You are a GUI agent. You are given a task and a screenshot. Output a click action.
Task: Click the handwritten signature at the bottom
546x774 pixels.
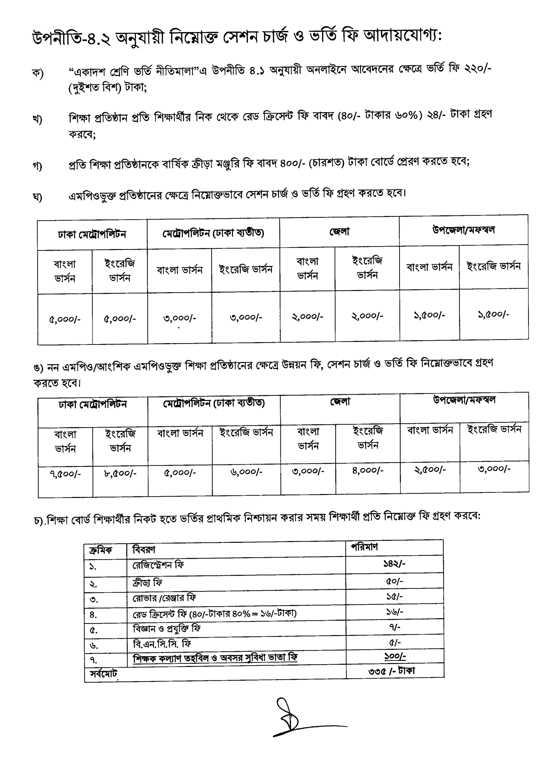pyautogui.click(x=300, y=717)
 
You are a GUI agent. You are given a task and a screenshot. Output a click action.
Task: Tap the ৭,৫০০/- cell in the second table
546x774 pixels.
pyautogui.click(x=65, y=474)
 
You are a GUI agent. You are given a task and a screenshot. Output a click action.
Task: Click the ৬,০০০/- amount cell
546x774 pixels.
pyautogui.click(x=246, y=472)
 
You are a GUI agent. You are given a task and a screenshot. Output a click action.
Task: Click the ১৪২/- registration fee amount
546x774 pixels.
pyautogui.click(x=394, y=563)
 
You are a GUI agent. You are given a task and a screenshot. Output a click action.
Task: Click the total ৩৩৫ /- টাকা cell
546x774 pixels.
pyautogui.click(x=391, y=671)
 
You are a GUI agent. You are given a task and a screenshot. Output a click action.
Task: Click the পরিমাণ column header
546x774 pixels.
pyautogui.click(x=364, y=547)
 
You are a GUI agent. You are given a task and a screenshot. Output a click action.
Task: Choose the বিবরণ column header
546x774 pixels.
pyautogui.click(x=144, y=549)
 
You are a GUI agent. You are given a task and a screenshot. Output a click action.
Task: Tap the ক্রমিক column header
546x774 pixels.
pyautogui.click(x=100, y=550)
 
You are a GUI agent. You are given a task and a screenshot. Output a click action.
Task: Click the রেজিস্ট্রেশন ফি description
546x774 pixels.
pyautogui.click(x=158, y=565)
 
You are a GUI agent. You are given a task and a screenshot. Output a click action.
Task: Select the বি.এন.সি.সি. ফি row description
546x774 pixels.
pyautogui.click(x=162, y=644)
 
